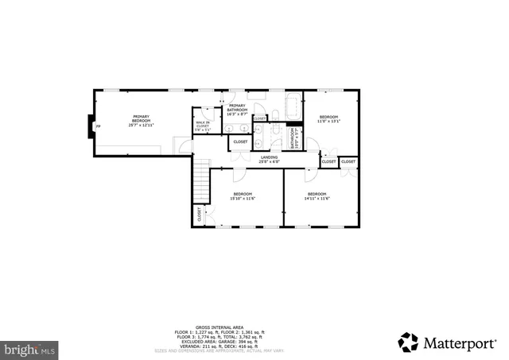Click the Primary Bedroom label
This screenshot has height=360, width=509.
[x=141, y=118]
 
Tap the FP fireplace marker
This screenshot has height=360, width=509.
[x=98, y=126]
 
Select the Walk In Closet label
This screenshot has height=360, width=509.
[x=202, y=123]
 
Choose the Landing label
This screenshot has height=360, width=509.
[x=269, y=157]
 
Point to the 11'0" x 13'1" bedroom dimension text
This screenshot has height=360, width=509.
[x=329, y=122]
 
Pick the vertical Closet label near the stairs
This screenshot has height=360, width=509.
[x=199, y=214]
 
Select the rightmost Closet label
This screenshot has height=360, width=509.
[x=348, y=161]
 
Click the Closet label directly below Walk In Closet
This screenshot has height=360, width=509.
[x=240, y=142]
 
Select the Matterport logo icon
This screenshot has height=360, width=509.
[x=408, y=342]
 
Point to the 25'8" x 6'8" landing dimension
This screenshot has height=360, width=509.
[x=269, y=161]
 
